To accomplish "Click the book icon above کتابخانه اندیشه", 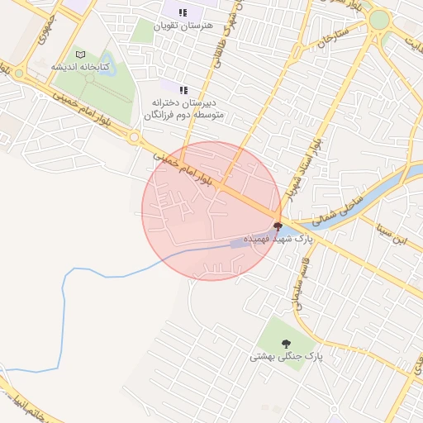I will coord(80,55).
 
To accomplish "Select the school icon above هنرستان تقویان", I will coord(183,12).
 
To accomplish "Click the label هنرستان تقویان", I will coord(183,26).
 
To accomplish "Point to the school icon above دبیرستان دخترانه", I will coord(183,89).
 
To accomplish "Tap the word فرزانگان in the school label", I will coord(161,115).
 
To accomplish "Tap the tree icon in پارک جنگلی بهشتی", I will coord(286,343).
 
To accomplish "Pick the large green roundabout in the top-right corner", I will coord(379,20).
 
